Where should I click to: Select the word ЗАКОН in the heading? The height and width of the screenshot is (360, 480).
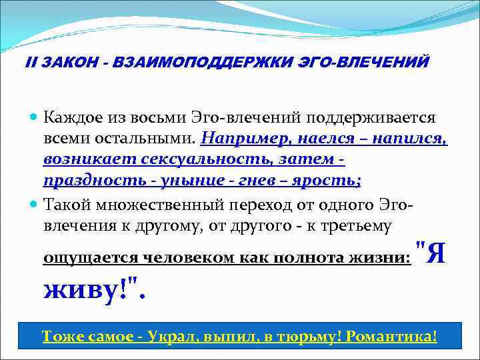point(63,62)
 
